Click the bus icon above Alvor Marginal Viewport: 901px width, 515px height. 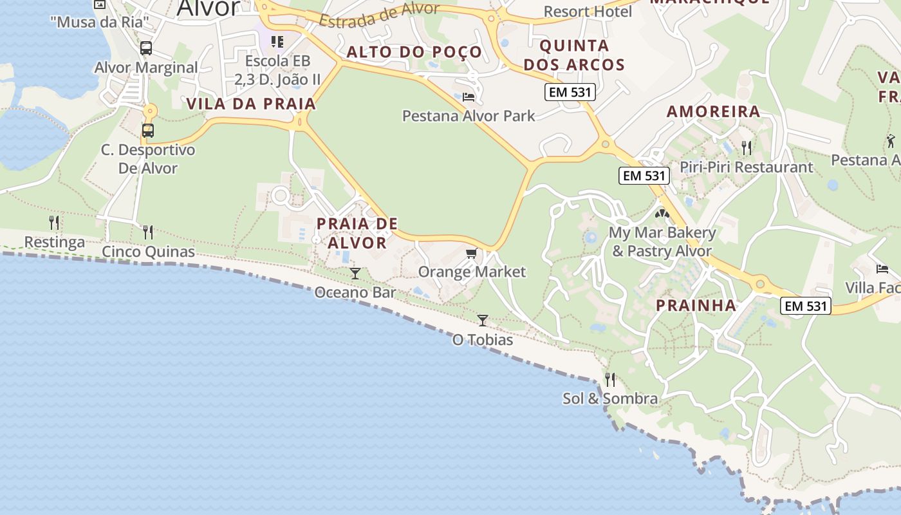[x=146, y=48]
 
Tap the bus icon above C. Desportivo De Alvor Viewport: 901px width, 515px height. [x=148, y=131]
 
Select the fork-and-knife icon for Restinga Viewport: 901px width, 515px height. [x=54, y=223]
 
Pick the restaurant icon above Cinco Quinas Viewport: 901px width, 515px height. [x=148, y=232]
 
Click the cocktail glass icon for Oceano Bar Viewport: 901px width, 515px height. [x=355, y=274]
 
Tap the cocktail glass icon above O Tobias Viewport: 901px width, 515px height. [x=483, y=320]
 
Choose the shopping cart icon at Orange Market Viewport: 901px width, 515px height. [x=472, y=253]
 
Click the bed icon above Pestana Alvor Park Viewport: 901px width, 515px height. [x=469, y=97]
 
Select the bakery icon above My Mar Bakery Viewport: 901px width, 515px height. [x=662, y=213]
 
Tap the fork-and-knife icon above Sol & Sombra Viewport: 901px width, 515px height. [x=610, y=380]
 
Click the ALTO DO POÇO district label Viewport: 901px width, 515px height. [x=414, y=52]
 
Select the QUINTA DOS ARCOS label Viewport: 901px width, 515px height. [x=574, y=55]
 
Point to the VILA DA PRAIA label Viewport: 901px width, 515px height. [x=251, y=104]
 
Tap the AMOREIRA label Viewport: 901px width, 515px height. [x=714, y=111]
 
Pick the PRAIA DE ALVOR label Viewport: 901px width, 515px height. [x=357, y=233]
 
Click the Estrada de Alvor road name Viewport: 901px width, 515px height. [x=380, y=16]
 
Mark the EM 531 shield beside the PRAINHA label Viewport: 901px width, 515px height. [x=806, y=306]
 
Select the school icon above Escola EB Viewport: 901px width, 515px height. [x=277, y=42]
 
